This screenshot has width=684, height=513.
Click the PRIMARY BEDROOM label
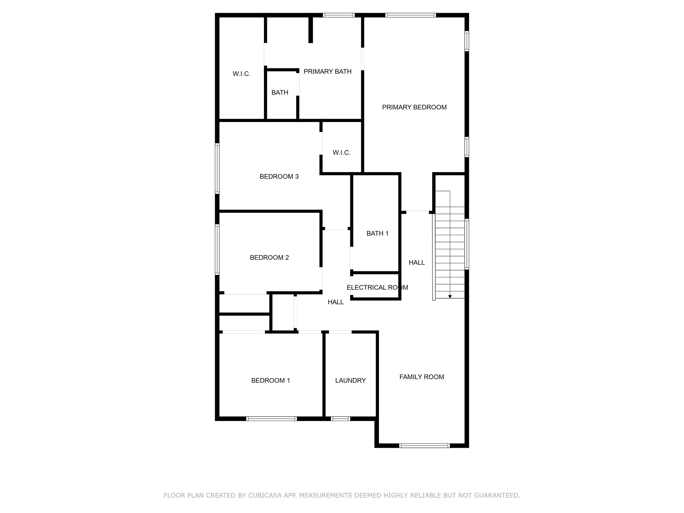(x=414, y=107)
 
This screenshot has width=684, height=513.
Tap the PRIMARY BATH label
(x=328, y=72)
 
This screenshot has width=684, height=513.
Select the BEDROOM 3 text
(x=279, y=177)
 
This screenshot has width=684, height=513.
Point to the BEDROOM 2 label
(x=269, y=258)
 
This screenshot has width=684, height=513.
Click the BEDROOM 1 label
(x=271, y=380)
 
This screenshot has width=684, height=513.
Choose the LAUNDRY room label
(x=350, y=380)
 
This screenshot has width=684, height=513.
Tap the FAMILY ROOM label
(x=421, y=377)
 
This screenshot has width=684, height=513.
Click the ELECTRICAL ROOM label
(x=377, y=287)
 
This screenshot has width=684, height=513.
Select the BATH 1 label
(x=377, y=234)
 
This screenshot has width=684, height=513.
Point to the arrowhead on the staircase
(x=450, y=297)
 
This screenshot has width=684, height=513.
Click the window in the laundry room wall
(x=340, y=419)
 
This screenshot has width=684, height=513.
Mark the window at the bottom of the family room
(x=424, y=446)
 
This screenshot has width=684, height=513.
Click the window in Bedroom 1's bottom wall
(x=271, y=419)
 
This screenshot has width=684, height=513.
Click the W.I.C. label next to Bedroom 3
(x=341, y=153)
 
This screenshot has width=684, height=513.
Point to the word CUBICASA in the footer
(x=265, y=495)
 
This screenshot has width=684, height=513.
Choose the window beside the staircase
(x=467, y=244)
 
